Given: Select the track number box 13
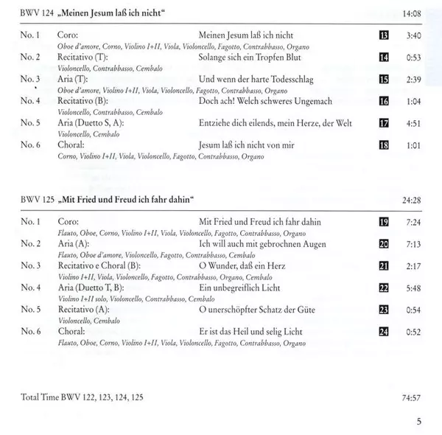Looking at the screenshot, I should point(383,35).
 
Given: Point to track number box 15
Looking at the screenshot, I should point(383,79).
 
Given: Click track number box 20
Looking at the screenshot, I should point(383,243).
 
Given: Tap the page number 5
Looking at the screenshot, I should point(419,422).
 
